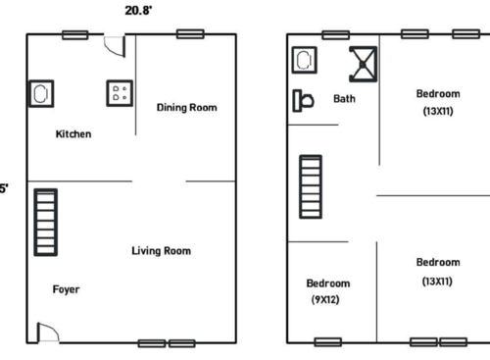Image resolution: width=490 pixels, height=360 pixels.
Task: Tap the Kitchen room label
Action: pyautogui.click(x=73, y=134)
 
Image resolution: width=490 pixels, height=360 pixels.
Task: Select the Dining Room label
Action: pyautogui.click(x=186, y=108)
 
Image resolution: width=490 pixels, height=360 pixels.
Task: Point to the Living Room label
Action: pyautogui.click(x=161, y=251)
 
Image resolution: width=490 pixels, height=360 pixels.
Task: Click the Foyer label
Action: pyautogui.click(x=66, y=289)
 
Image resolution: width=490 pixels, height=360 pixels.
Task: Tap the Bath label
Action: pyautogui.click(x=344, y=99)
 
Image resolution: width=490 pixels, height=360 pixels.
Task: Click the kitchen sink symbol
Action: pyautogui.click(x=42, y=93)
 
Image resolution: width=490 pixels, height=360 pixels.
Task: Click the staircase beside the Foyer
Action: pyautogui.click(x=46, y=222)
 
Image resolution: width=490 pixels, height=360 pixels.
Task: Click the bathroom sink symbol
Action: pyautogui.click(x=303, y=60)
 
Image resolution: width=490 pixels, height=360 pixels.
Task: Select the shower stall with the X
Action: pyautogui.click(x=364, y=63)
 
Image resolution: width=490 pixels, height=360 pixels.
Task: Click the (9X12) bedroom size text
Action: pyautogui.click(x=325, y=299)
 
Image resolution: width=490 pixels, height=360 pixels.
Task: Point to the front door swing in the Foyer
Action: pyautogui.click(x=47, y=333)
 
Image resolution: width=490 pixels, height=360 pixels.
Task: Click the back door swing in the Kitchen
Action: pyautogui.click(x=115, y=44)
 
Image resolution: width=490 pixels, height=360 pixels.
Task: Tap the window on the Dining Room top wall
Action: pyautogui.click(x=189, y=34)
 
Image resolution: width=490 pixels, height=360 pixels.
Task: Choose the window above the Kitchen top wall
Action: pyautogui.click(x=75, y=34)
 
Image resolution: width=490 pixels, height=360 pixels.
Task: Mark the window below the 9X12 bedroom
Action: pyautogui.click(x=327, y=342)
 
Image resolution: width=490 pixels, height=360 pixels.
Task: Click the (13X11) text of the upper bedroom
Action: pyautogui.click(x=437, y=111)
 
